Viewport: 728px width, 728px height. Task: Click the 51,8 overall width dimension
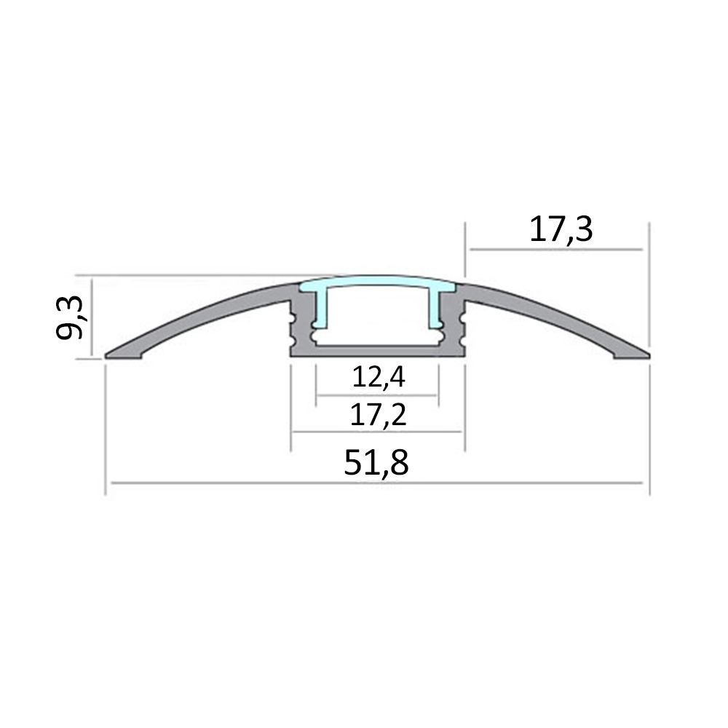[376, 464]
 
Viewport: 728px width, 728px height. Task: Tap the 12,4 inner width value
[377, 377]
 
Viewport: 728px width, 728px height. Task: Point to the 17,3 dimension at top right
[561, 230]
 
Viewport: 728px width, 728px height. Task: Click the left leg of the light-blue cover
[318, 309]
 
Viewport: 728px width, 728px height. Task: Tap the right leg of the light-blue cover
[437, 309]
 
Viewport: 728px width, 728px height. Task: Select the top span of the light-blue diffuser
[377, 283]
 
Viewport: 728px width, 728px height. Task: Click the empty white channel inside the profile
[377, 317]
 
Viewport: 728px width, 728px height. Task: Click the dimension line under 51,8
[376, 482]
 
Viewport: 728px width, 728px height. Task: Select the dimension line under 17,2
[377, 431]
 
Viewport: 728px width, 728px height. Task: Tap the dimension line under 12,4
[377, 395]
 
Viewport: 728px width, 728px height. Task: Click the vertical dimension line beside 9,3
[92, 317]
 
